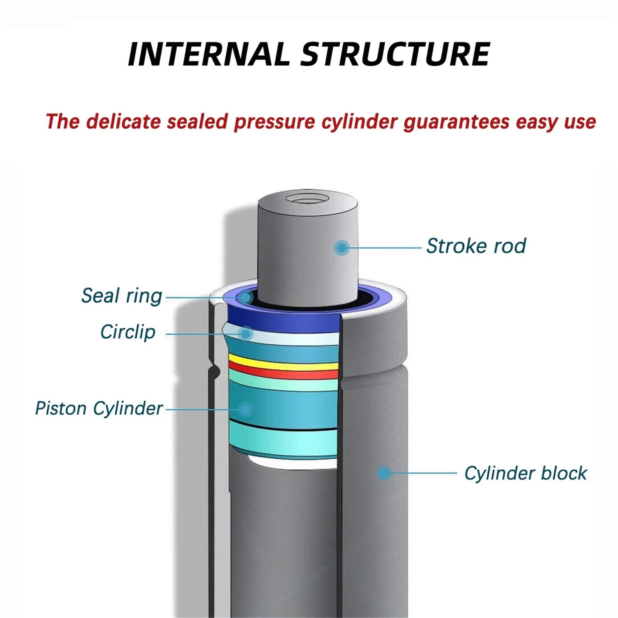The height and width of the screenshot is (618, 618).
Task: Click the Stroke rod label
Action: click(476, 246)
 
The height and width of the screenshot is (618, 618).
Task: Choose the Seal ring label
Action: click(122, 297)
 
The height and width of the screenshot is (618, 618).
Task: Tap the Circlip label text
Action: click(128, 332)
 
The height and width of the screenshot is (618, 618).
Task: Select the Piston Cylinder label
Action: click(99, 409)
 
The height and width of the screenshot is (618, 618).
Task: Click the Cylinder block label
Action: click(525, 474)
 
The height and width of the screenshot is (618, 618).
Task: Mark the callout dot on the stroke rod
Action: click(341, 248)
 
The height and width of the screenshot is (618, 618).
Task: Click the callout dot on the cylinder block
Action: click(384, 473)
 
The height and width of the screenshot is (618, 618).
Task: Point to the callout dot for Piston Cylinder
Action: click(246, 409)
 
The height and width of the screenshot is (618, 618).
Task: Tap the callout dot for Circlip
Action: click(246, 333)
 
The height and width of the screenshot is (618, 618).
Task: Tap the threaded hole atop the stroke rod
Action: click(307, 199)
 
